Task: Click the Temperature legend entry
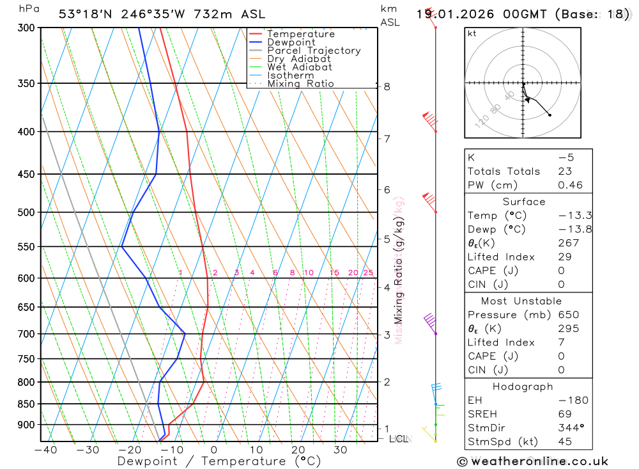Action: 300,34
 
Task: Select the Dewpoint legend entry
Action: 291,42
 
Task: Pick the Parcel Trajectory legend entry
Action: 314,51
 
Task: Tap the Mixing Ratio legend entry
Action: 300,84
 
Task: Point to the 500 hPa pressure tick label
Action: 26,212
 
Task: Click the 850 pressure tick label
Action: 26,404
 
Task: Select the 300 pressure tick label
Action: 26,28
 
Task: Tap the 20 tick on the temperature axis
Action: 298,450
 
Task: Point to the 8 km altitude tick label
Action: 387,86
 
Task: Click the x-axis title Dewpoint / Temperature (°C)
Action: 210,461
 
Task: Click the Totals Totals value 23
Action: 565,171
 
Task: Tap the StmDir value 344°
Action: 567,427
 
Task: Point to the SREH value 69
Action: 564,414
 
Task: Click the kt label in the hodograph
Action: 472,33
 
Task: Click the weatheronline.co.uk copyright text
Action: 532,461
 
